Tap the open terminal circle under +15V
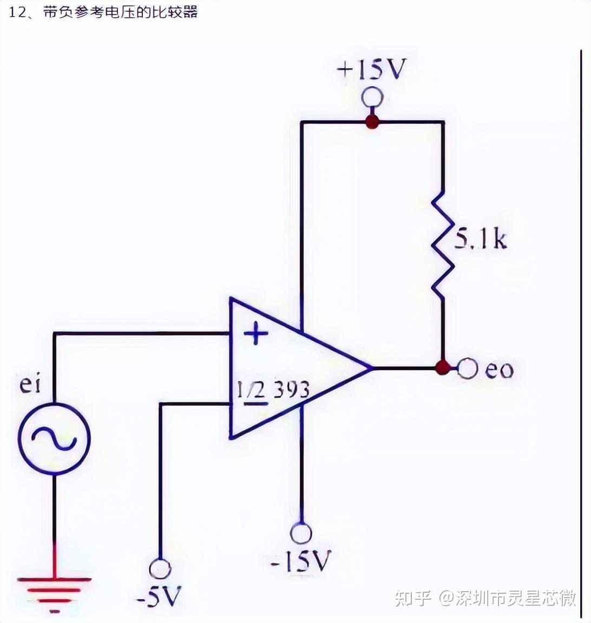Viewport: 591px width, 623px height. click(372, 98)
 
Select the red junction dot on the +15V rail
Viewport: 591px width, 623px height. click(371, 122)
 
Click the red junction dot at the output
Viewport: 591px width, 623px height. click(443, 368)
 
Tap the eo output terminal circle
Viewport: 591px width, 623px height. click(468, 369)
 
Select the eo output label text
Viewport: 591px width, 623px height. click(498, 370)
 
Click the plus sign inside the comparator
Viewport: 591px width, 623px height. click(255, 334)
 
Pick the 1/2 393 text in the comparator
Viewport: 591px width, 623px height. click(273, 390)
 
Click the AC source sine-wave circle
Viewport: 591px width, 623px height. click(54, 438)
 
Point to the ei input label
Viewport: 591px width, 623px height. click(30, 385)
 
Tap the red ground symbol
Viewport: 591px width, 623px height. click(54, 589)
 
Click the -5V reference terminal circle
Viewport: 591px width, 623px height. click(160, 569)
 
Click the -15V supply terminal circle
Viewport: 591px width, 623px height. click(301, 533)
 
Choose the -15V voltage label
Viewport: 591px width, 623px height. click(300, 561)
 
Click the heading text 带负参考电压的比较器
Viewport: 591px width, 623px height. click(120, 12)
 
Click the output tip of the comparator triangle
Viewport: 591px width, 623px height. click(371, 368)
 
